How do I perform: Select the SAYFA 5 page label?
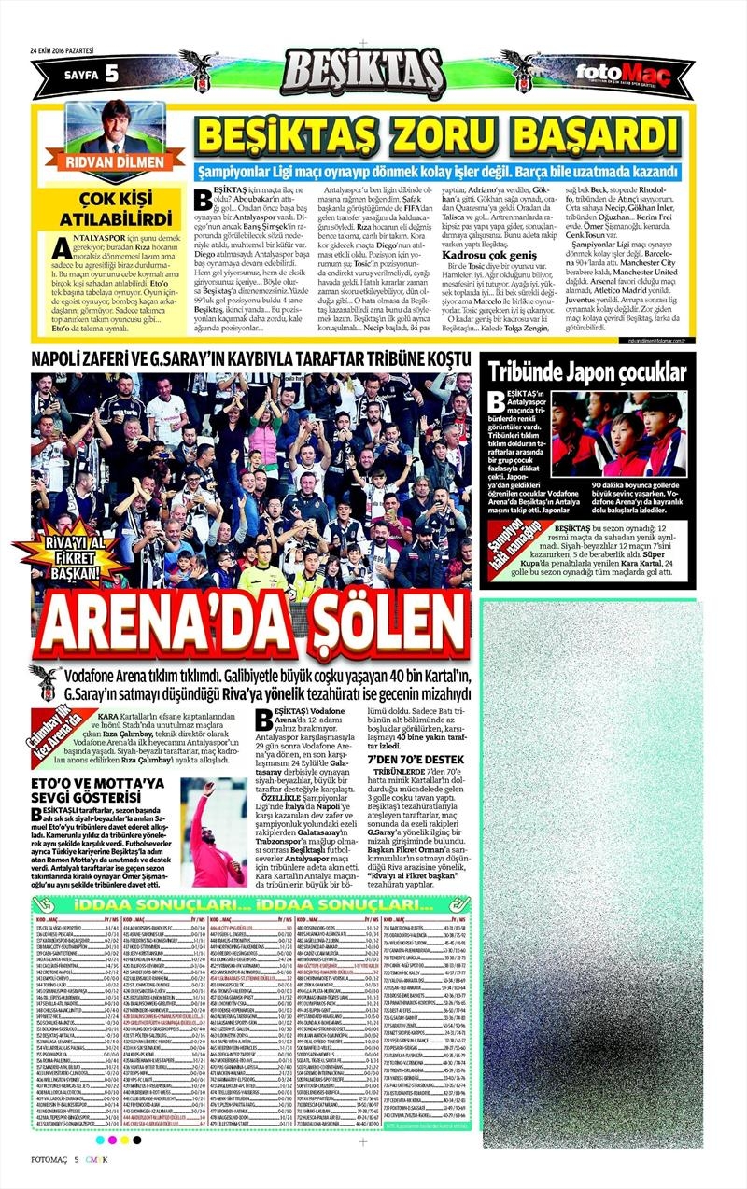[91, 73]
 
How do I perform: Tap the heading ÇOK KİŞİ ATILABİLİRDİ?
[109, 209]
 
